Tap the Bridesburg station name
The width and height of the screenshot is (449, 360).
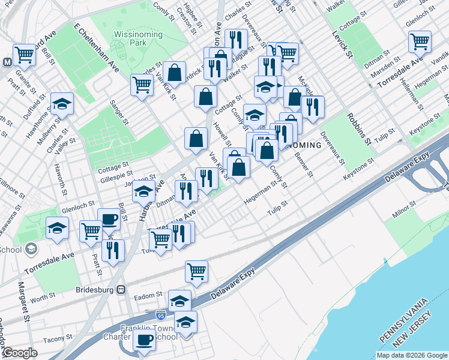95,289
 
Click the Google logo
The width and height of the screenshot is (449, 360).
19,353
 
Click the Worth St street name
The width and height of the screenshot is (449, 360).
43,296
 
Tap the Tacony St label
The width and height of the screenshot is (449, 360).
58,339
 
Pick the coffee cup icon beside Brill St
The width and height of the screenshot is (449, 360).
109,220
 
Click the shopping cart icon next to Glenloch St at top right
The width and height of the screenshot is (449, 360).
420,41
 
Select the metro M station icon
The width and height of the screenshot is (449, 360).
8,61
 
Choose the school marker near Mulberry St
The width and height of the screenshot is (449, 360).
62,104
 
